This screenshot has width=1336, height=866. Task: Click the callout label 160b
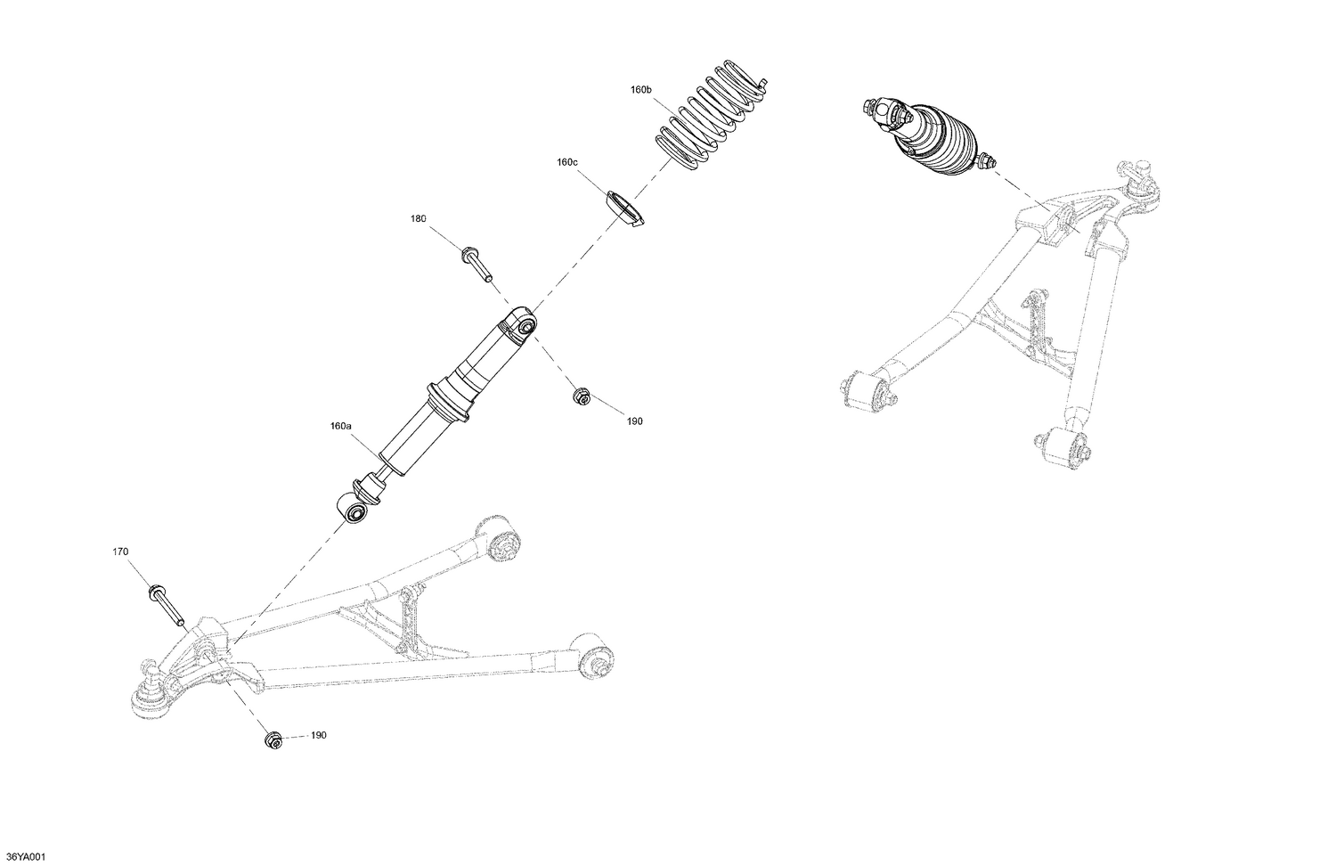tap(641, 90)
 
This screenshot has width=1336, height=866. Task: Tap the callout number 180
tap(419, 219)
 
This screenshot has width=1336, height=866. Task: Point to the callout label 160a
tap(341, 427)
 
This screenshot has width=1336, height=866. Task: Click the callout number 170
tap(120, 552)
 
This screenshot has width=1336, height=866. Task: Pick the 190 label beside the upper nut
tap(634, 421)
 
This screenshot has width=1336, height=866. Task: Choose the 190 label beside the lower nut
tap(319, 736)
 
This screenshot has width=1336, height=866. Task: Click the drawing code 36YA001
tap(24, 857)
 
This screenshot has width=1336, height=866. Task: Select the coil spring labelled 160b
tap(711, 116)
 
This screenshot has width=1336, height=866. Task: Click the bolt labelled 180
tap(477, 266)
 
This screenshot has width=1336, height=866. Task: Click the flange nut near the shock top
tap(580, 395)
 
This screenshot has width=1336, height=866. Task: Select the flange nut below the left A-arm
tap(273, 739)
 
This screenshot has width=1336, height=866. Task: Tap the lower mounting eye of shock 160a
tap(354, 512)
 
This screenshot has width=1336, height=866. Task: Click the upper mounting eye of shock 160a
tap(523, 325)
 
